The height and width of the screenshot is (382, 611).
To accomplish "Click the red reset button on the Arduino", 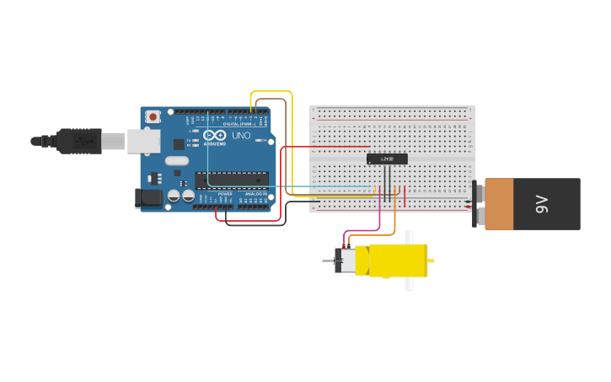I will [x=153, y=117].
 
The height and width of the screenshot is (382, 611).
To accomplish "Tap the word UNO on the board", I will [x=241, y=136].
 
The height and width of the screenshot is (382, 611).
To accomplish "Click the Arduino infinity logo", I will [x=214, y=136].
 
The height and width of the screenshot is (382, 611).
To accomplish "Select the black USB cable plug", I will [x=80, y=141].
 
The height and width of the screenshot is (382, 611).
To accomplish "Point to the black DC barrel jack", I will [x=148, y=198].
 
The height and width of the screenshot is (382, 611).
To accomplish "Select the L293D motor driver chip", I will [x=387, y=159].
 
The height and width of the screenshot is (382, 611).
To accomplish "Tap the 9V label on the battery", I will [x=542, y=203].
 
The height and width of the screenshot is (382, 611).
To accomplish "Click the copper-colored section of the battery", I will [x=499, y=203].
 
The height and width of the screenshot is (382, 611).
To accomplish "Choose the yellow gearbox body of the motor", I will [x=396, y=261].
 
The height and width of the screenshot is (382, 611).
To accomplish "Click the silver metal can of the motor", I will [x=346, y=261].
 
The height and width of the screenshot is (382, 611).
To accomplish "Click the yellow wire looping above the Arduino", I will [x=271, y=91].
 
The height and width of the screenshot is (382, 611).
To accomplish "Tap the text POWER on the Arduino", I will [x=225, y=194].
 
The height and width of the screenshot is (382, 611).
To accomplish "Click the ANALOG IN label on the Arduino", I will [x=256, y=194].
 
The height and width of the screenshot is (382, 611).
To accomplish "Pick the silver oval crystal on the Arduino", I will [x=176, y=160].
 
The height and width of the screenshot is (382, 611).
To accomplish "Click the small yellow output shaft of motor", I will [x=431, y=261].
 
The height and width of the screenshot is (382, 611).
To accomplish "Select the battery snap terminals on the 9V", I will [x=479, y=203].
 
